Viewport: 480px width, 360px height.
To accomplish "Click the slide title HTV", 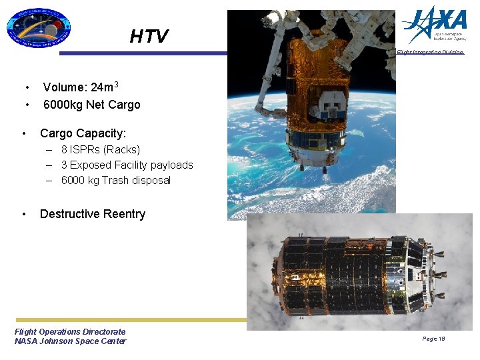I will [x=149, y=36].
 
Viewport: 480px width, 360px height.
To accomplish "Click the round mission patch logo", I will [x=38, y=29].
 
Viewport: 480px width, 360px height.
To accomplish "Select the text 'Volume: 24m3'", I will [x=81, y=87].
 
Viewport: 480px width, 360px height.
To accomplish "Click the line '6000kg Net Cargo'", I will [x=91, y=105].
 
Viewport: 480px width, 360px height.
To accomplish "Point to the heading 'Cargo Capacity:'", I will [x=83, y=133].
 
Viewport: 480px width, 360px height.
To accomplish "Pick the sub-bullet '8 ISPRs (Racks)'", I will [x=100, y=150].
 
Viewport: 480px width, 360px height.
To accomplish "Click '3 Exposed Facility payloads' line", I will [x=127, y=165].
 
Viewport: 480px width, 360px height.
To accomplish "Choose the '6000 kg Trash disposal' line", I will [x=115, y=180].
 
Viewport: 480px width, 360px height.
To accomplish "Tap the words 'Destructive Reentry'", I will [x=92, y=214].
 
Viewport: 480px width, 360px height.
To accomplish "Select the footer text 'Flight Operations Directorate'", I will [x=70, y=331].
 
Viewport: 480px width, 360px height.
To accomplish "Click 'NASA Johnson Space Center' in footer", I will [x=70, y=341].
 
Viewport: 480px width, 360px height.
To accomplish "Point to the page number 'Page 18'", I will [x=433, y=339].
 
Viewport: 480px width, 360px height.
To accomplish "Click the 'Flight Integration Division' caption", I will [x=430, y=52].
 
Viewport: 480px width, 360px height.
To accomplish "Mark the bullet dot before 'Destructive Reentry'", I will [x=24, y=214].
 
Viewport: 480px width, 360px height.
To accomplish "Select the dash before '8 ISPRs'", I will [x=50, y=150].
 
